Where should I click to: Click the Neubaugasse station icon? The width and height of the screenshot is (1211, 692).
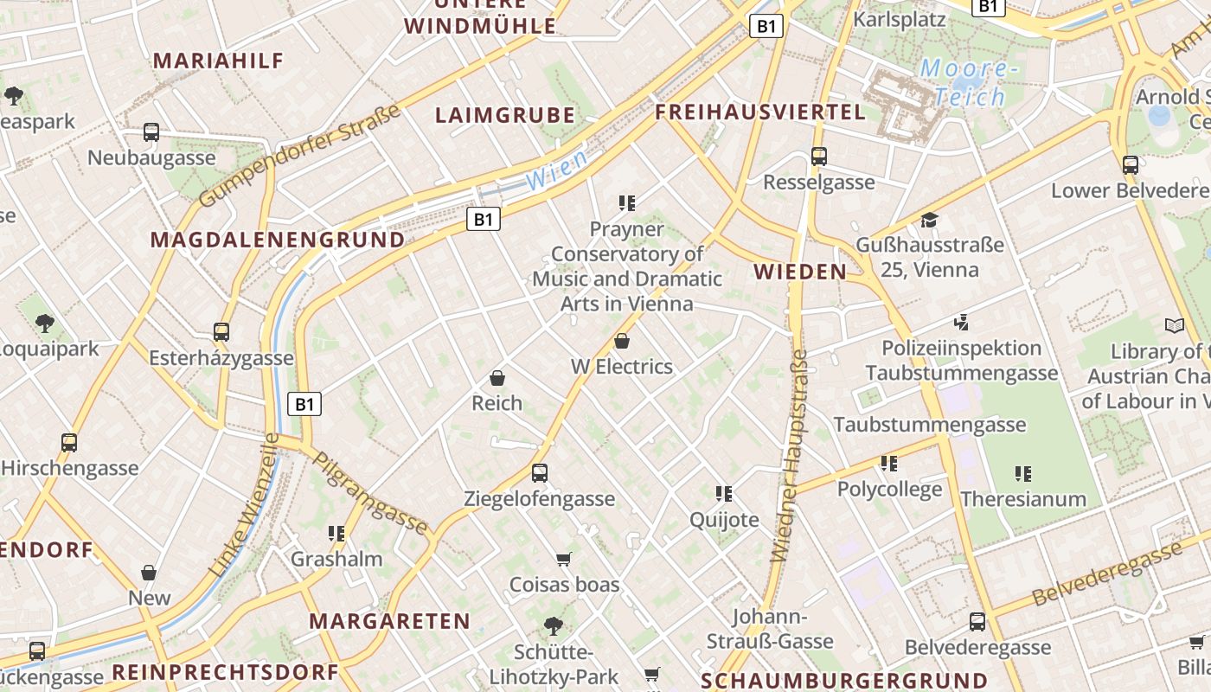[x=151, y=132]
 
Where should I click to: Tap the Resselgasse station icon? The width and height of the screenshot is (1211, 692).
[x=818, y=157]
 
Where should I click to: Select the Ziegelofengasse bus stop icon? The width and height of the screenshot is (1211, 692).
[x=540, y=472]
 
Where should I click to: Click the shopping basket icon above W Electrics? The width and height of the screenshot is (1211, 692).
[x=621, y=341]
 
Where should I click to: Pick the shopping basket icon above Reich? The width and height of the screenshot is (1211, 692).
[x=497, y=378]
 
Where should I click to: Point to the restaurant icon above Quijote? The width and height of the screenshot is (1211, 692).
[x=724, y=493]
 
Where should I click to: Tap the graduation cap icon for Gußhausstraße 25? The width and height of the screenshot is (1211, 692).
[x=929, y=220]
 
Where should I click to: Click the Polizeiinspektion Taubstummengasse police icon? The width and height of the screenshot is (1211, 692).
[x=961, y=323]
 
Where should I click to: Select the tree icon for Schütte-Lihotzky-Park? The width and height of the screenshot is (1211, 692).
[x=554, y=625]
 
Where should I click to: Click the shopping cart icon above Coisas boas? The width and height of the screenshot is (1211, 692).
[x=564, y=559]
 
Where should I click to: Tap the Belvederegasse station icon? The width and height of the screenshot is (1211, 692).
[x=977, y=621]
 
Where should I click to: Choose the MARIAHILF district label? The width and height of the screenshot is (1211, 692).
[x=218, y=61]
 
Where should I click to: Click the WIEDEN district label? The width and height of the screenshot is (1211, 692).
[x=800, y=272]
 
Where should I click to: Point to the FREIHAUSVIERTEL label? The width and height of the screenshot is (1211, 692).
[x=760, y=112]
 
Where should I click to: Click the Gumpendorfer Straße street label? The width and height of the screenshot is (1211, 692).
[x=300, y=156]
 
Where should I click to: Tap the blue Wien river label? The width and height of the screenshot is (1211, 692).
[x=555, y=170]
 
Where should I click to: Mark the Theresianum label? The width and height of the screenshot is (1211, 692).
[x=1023, y=499]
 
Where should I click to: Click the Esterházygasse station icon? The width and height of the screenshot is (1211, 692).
[x=221, y=332]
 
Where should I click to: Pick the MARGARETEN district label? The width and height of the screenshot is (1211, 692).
[x=389, y=621]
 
